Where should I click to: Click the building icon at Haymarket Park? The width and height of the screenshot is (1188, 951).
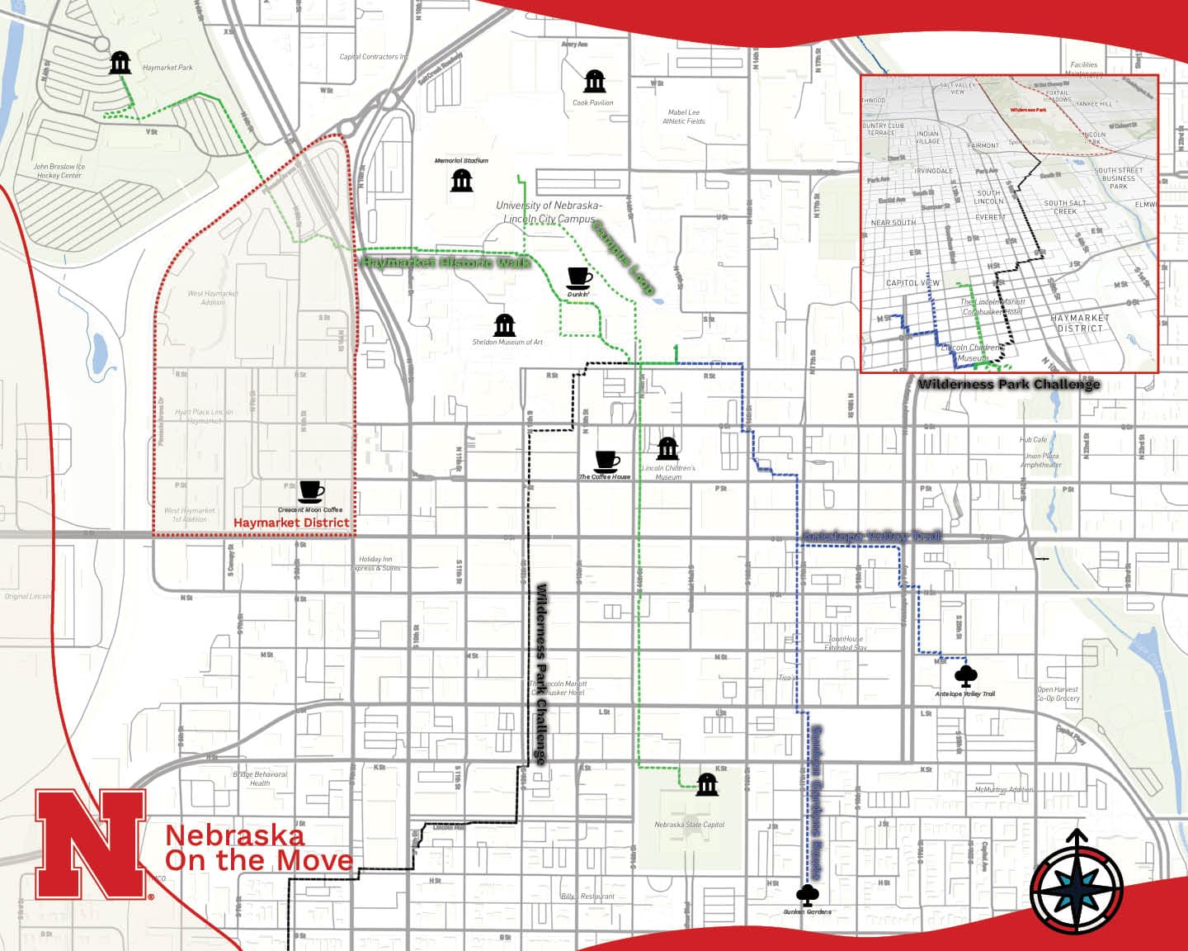(120, 62)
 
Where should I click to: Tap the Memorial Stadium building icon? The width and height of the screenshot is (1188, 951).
(461, 180)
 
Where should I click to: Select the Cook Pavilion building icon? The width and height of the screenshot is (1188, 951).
(594, 81)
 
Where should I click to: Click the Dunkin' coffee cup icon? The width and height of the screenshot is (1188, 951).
(579, 277)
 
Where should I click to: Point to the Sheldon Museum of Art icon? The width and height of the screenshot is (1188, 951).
(504, 325)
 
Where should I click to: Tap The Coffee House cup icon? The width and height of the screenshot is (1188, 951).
(606, 461)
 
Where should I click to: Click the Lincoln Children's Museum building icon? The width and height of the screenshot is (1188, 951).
(667, 449)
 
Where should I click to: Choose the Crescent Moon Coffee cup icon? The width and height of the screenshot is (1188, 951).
(311, 492)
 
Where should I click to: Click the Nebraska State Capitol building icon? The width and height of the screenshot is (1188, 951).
(707, 784)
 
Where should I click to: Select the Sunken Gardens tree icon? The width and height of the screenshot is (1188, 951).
(807, 895)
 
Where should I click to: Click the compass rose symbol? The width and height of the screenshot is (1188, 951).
(1077, 890)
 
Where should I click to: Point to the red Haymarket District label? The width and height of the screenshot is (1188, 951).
(291, 523)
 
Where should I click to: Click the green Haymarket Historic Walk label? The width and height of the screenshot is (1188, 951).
(445, 263)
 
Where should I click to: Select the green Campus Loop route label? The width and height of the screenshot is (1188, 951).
(624, 257)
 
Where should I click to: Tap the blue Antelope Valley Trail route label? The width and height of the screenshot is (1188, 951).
(871, 537)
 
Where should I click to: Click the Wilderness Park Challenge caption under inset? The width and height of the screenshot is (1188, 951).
(1008, 384)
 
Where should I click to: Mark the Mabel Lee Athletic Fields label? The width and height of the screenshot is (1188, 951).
(683, 116)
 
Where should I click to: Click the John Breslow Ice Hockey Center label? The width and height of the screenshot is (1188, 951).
(59, 170)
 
